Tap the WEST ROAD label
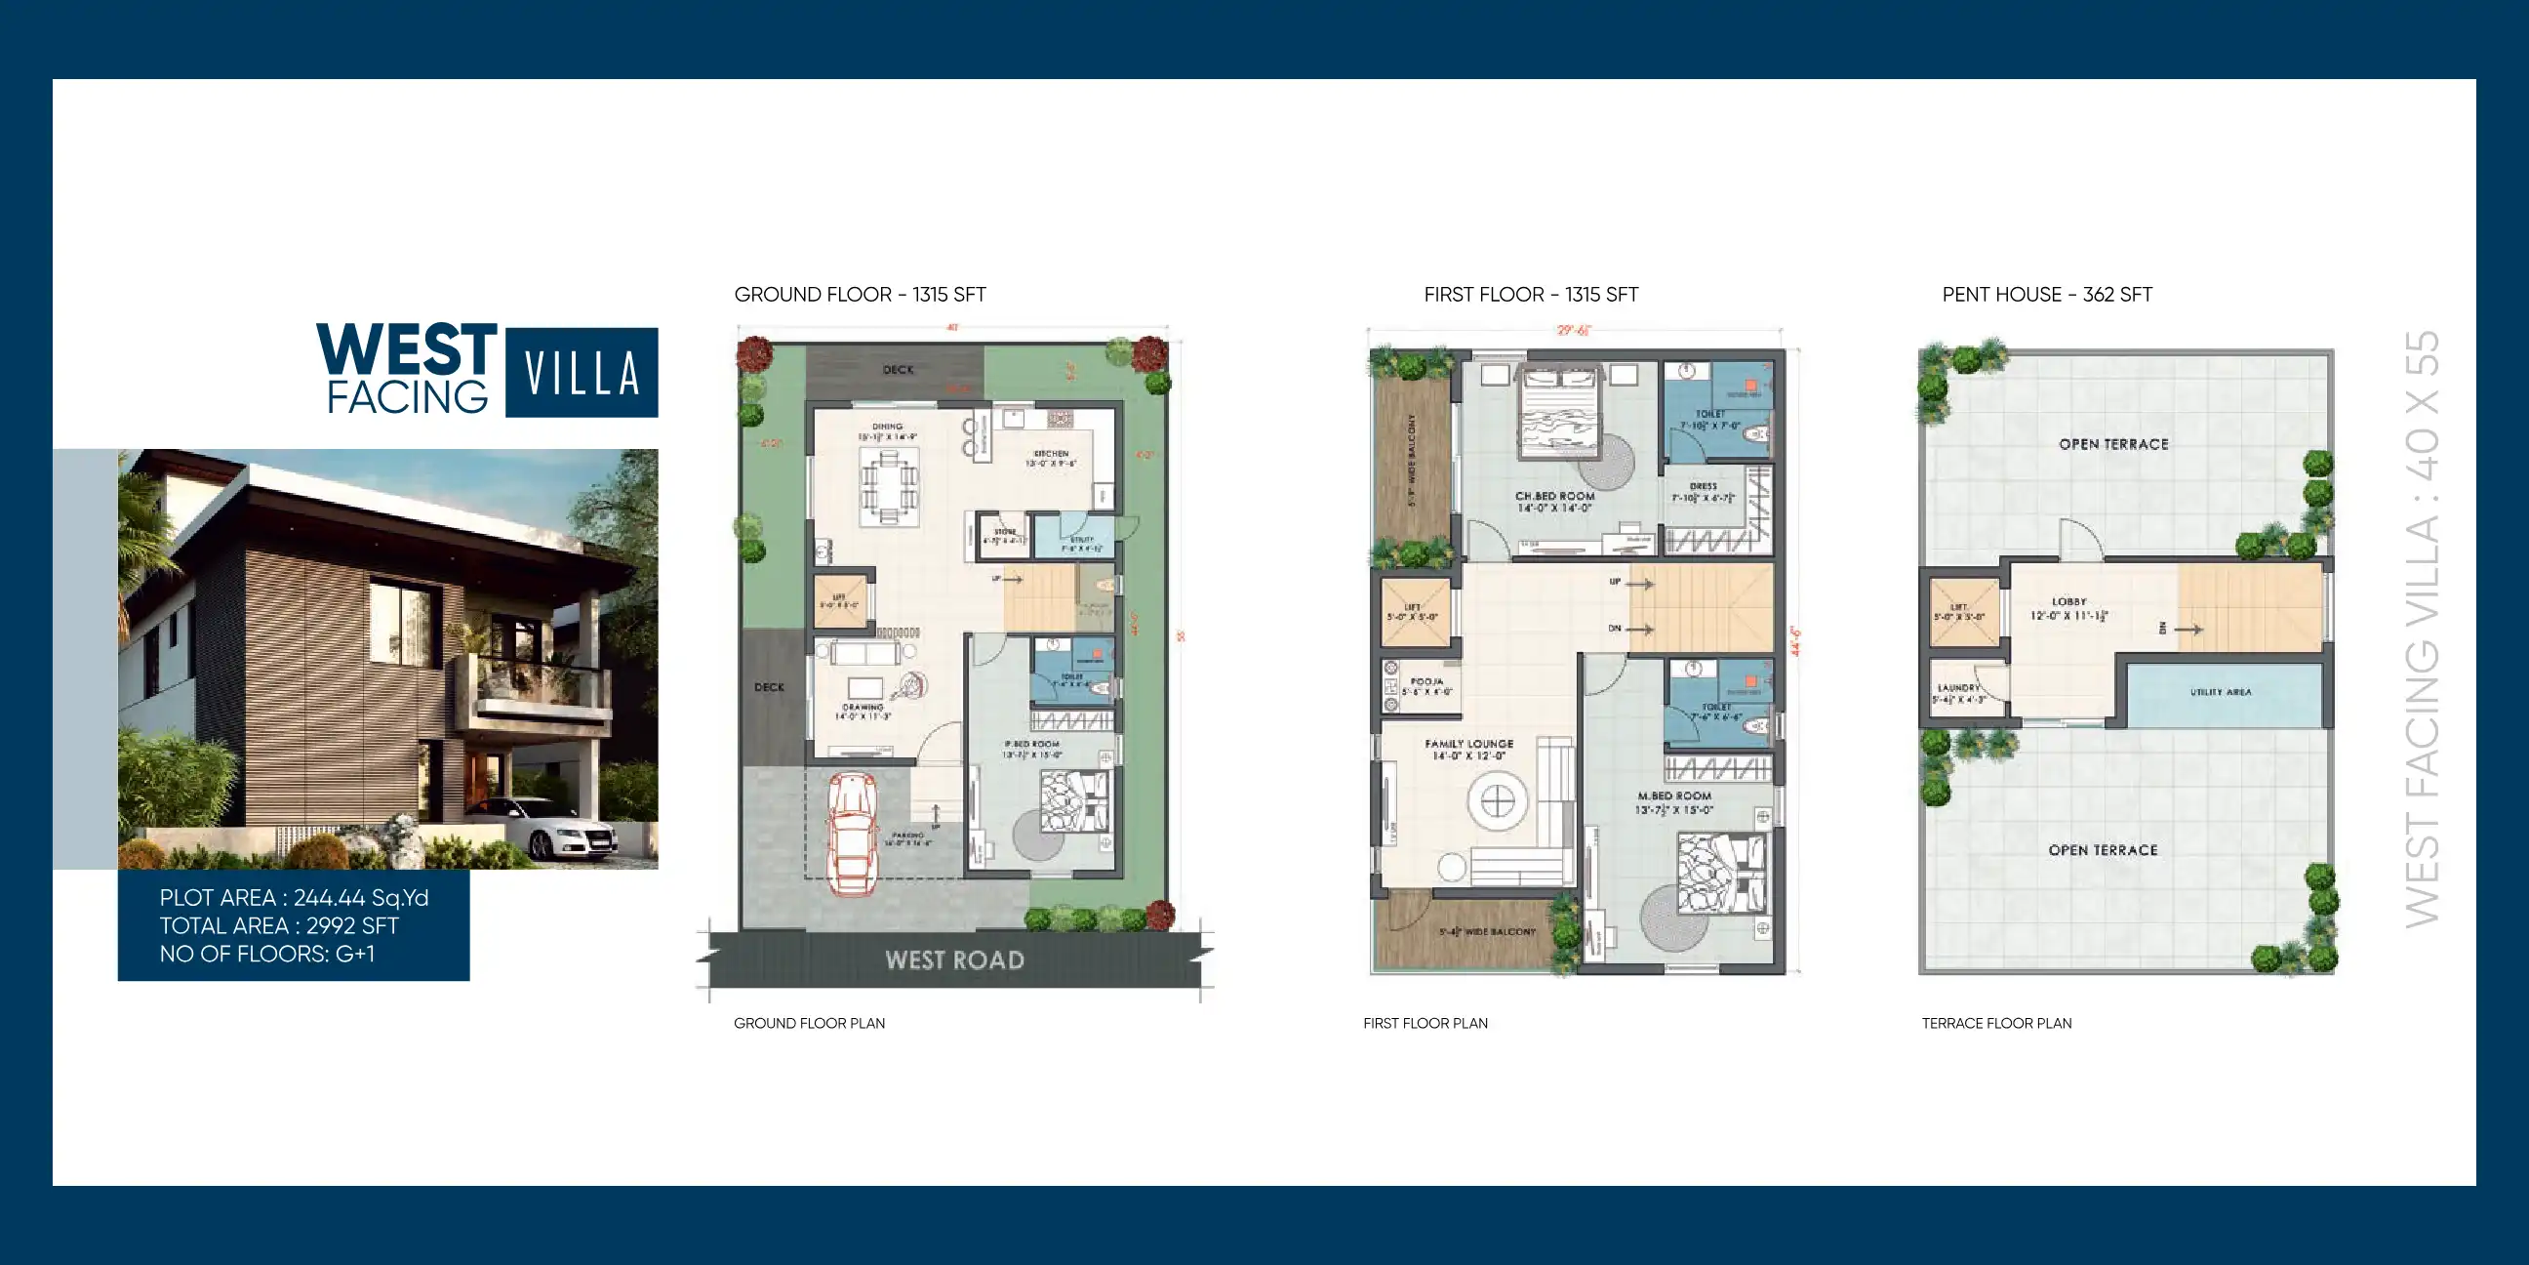point(954,960)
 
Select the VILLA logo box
point(582,372)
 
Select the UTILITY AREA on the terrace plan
point(2221,692)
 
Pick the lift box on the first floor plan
point(1415,612)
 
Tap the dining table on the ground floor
point(889,487)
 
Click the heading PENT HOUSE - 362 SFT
point(2047,295)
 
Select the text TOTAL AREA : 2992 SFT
point(279,925)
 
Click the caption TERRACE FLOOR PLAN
point(1996,1023)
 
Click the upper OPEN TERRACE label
point(2113,444)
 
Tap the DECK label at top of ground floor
point(898,370)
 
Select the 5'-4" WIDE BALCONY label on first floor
point(1486,931)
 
